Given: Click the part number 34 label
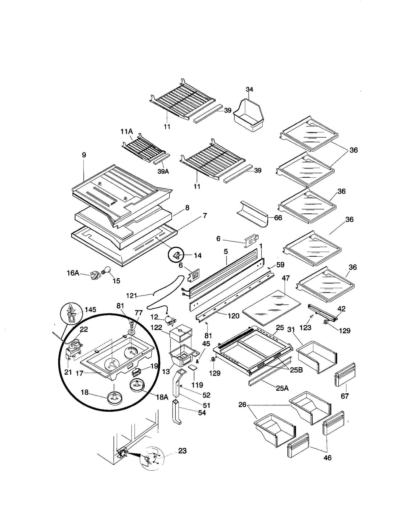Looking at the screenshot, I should (249, 89).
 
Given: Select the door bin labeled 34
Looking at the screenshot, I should (248, 116).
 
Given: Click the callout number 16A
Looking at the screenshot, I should (73, 273).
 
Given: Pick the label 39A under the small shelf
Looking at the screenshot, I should (163, 171).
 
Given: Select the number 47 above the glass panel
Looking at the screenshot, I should (286, 278).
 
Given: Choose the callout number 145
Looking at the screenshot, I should (90, 310).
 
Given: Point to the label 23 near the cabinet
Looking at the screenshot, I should (182, 451).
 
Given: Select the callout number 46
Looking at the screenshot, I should (328, 458).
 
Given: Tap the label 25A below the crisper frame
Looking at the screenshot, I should (282, 388).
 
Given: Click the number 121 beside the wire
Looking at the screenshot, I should (131, 296).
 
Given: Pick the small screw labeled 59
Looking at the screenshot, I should (269, 268).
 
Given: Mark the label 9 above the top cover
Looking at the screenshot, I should (84, 155).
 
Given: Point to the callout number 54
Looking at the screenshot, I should (202, 413).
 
